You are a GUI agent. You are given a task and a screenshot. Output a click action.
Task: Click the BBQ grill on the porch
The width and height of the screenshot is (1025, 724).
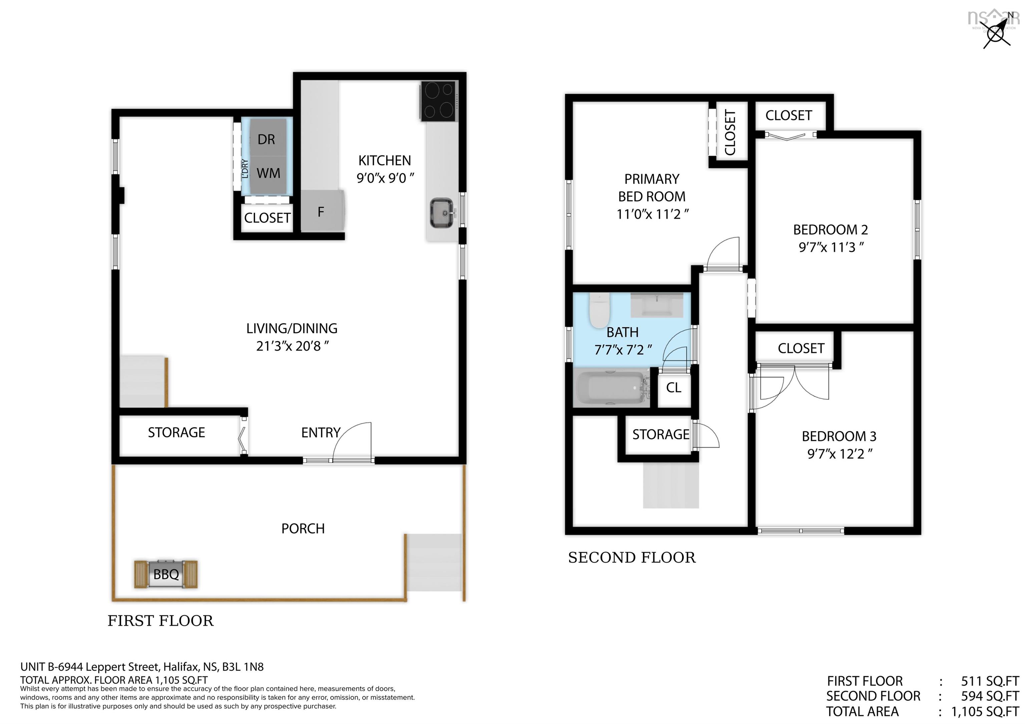[165, 574]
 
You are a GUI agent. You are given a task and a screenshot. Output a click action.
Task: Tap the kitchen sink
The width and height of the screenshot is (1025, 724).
[441, 213]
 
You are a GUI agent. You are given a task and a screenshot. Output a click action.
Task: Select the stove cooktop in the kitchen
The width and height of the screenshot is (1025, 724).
[438, 101]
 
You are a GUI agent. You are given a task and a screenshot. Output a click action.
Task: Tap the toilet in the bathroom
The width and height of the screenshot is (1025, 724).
[599, 311]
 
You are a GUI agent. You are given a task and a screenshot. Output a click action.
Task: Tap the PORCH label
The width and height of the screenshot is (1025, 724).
[303, 528]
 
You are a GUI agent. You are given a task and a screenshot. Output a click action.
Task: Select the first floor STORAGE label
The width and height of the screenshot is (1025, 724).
[177, 432]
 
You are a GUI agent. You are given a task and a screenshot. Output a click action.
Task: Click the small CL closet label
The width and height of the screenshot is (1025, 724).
[673, 387]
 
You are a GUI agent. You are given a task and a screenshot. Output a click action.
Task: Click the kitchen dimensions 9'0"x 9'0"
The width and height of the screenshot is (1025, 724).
[385, 178]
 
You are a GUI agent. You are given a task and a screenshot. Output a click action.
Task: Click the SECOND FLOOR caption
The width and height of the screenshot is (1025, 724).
[631, 558]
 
